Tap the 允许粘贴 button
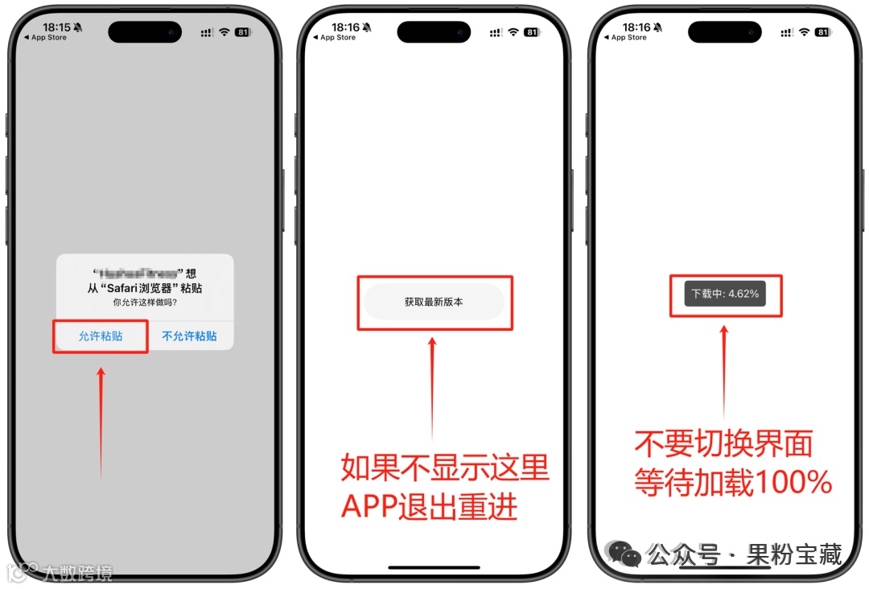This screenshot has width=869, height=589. (101, 336)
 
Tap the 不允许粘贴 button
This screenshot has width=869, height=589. (189, 336)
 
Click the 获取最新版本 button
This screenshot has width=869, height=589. (434, 303)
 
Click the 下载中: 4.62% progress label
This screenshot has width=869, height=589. (725, 294)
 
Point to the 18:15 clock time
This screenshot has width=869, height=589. (57, 27)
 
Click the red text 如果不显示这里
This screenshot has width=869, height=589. (444, 467)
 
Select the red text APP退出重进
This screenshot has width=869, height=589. (429, 507)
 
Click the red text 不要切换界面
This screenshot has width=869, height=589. (723, 443)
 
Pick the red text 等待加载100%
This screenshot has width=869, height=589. (732, 483)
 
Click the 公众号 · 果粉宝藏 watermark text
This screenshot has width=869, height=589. (744, 554)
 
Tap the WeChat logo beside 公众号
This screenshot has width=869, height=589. (624, 554)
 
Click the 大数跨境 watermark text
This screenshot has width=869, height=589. (77, 573)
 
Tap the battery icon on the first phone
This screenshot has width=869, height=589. (242, 32)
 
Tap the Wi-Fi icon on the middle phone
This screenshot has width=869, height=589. (513, 32)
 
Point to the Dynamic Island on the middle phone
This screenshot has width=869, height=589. (434, 32)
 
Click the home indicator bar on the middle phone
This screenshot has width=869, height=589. (434, 567)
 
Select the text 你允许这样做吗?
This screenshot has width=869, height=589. (145, 303)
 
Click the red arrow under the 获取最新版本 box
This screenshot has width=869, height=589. (433, 386)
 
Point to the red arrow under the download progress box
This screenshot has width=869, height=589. (724, 370)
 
